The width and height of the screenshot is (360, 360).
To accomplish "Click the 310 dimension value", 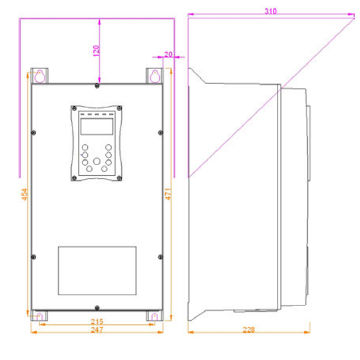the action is click(270, 11).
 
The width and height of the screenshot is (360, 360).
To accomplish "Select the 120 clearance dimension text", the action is click(97, 51).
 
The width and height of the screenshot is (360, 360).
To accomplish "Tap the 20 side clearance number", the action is click(168, 54).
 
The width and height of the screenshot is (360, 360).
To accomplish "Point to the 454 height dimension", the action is click(24, 194).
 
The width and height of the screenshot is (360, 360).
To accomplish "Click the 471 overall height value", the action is click(168, 194).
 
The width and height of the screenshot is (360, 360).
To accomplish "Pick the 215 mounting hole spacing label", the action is click(97, 321).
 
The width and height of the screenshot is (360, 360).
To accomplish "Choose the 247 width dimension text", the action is click(97, 330).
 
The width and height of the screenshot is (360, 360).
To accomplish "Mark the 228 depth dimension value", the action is click(249, 330).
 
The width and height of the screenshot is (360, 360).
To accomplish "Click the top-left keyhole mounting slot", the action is click(40, 76).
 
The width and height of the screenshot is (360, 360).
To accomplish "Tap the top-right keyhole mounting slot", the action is click(155, 76).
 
